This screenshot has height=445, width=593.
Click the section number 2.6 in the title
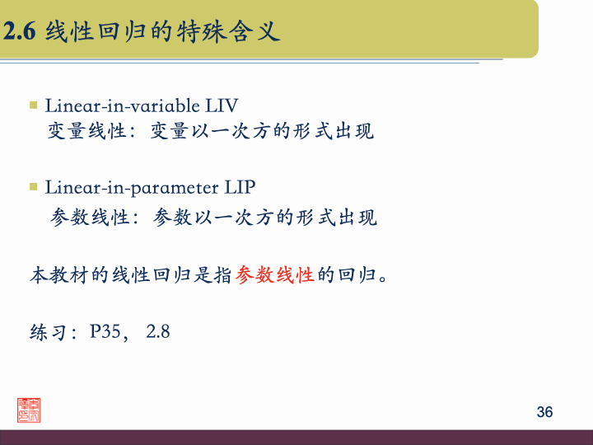20,32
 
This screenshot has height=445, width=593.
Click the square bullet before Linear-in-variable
34,105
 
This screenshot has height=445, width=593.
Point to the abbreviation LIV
222,105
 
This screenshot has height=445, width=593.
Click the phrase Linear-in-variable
123,105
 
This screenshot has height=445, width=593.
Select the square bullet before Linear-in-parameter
34,187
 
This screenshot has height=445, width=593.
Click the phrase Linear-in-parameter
133,187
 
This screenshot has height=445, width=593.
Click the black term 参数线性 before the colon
90,218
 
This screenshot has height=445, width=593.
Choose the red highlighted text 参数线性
274,274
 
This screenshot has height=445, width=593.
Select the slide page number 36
544,412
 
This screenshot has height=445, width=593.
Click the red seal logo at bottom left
30,410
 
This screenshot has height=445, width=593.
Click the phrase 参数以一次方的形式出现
265,218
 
